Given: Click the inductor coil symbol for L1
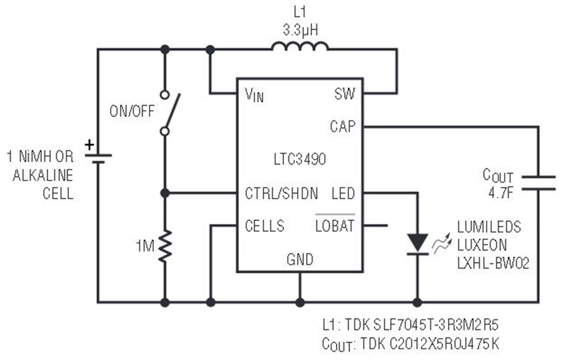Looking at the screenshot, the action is [300, 47].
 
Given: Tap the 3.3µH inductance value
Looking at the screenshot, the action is [300, 30].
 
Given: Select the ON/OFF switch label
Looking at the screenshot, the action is [132, 111].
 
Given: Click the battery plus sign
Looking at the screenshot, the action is [89, 145].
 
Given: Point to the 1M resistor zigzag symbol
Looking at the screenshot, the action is [165, 247].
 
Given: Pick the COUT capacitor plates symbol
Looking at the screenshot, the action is [538, 183].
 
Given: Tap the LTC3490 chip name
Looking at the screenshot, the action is [300, 159].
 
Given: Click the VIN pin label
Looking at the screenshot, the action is [254, 95].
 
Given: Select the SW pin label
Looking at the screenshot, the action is [345, 94].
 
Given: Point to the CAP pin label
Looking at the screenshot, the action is [343, 126].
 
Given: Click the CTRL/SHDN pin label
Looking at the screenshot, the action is [281, 193].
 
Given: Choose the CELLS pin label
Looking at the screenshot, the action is [265, 226].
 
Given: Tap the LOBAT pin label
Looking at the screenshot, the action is [335, 226].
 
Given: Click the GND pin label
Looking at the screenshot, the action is [300, 259].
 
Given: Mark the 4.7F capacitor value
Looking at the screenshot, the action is [500, 193].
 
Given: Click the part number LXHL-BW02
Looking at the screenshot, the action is [494, 264].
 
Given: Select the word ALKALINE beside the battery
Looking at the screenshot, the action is [43, 175].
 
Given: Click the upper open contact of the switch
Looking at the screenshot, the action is [165, 95].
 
